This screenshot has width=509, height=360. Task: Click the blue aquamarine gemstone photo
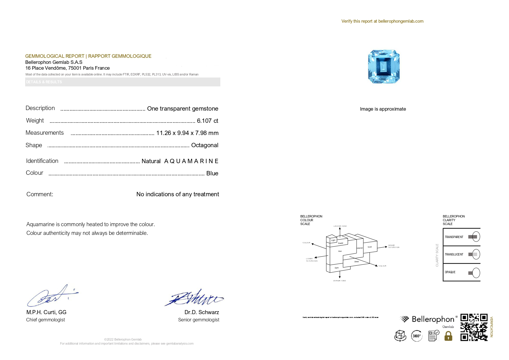[x=384, y=66]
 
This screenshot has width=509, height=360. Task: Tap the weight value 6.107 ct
[x=207, y=121]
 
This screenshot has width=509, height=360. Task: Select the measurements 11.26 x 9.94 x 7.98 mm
[x=187, y=133]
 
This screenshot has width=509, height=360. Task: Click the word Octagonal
[x=205, y=145]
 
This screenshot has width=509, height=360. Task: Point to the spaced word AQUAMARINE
[x=191, y=161]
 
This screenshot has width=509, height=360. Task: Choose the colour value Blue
[x=212, y=173]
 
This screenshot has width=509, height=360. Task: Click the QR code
[x=474, y=327]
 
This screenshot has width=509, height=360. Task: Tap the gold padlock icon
[x=448, y=336]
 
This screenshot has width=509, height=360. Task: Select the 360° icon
[x=417, y=336]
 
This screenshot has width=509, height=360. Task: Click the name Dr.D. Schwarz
[x=202, y=312]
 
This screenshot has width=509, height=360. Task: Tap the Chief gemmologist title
[x=46, y=320]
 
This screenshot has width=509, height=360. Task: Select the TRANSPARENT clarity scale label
[x=454, y=237]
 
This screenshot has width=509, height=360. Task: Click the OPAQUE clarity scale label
[x=450, y=272]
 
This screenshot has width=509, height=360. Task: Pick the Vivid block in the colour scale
[x=370, y=247]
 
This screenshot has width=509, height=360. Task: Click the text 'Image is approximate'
[x=383, y=109]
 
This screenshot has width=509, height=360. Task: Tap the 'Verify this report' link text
[x=382, y=21]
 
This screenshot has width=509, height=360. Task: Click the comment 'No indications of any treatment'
[x=178, y=194]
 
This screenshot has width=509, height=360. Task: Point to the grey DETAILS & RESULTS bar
[x=122, y=82]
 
